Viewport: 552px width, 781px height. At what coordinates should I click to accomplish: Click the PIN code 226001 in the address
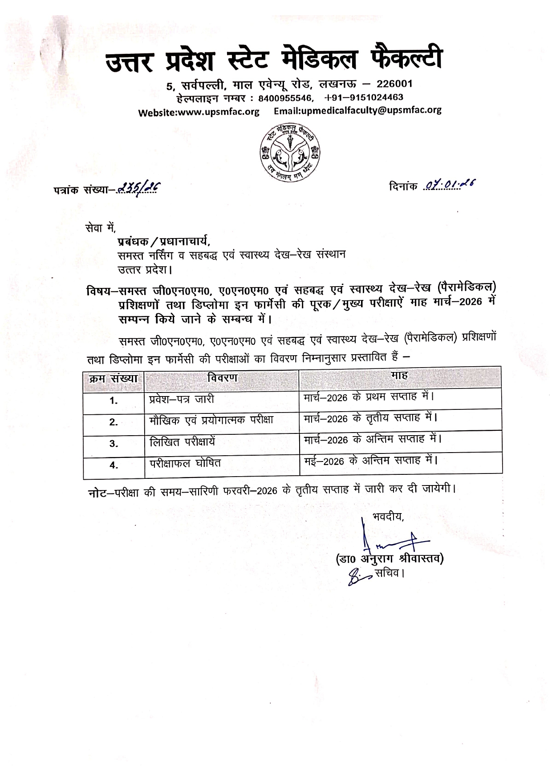click(x=394, y=84)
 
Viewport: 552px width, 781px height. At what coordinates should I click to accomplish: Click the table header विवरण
click(x=223, y=378)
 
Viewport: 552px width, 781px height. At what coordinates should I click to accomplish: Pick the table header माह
click(x=399, y=375)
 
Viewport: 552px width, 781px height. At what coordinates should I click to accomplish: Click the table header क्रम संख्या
click(x=114, y=379)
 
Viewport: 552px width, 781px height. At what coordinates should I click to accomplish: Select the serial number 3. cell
click(x=114, y=444)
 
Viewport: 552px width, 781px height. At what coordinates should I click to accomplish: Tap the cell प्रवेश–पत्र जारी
click(x=182, y=399)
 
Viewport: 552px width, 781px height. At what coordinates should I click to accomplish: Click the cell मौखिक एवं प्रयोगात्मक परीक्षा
click(x=211, y=420)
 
